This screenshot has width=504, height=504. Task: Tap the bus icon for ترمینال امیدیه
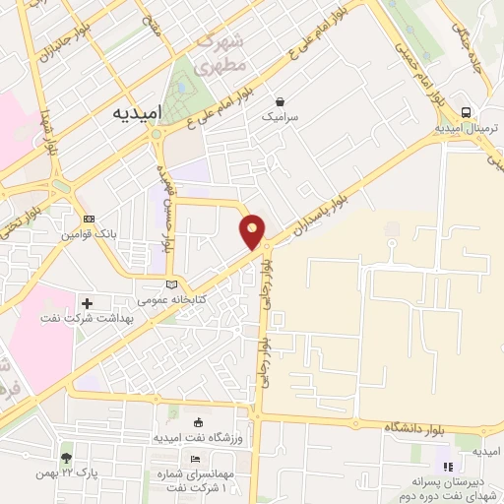pyautogui.click(x=465, y=112)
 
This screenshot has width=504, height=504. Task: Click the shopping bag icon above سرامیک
pyautogui.click(x=281, y=100)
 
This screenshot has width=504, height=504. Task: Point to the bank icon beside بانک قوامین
pyautogui.click(x=91, y=219)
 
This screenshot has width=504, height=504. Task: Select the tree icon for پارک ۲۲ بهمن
pyautogui.click(x=66, y=458)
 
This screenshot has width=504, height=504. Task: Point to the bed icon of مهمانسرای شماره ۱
pyautogui.click(x=195, y=459)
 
